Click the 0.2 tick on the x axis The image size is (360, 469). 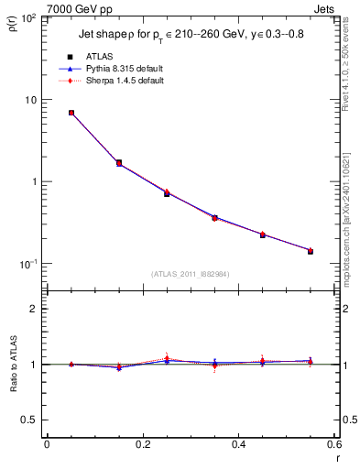click(142, 444)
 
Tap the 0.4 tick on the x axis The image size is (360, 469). click(238, 444)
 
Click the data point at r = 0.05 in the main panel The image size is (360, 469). click(71, 113)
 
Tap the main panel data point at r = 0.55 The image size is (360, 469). click(310, 250)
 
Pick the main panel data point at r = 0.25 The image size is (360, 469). click(167, 192)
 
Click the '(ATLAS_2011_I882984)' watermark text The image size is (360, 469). click(191, 274)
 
